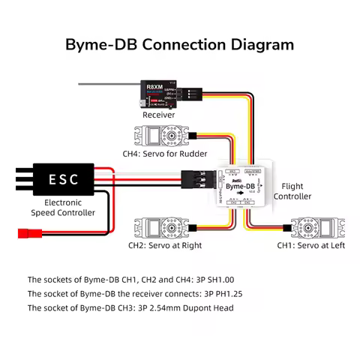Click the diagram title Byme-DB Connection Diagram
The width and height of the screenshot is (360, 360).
[179, 43]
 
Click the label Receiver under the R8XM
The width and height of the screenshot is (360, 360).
[158, 115]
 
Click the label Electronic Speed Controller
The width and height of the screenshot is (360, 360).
[63, 208]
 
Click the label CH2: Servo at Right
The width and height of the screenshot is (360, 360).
[165, 245]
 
